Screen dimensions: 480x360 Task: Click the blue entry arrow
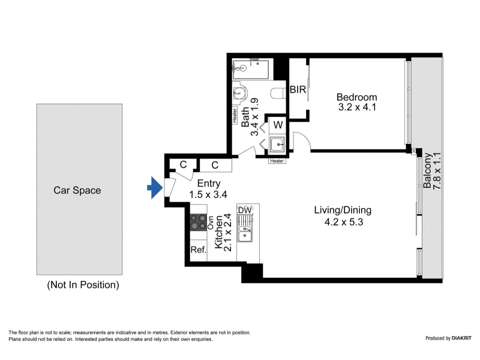tap(155, 188)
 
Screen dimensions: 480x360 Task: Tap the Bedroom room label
tap(356, 97)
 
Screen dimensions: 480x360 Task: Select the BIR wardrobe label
tap(298, 89)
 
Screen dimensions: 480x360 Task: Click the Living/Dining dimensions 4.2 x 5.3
tap(343, 221)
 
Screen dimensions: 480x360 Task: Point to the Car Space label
tap(77, 190)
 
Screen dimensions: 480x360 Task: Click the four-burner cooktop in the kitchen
tap(199, 222)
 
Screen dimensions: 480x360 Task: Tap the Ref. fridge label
tap(199, 250)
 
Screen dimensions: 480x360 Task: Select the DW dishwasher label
tap(245, 211)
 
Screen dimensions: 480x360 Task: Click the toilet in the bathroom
tap(278, 94)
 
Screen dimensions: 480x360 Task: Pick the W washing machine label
tap(278, 125)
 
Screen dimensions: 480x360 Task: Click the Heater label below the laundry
tap(277, 161)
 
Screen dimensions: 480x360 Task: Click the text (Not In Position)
tap(83, 284)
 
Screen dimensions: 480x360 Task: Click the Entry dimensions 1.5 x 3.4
tap(208, 194)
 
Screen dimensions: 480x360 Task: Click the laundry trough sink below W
tap(277, 143)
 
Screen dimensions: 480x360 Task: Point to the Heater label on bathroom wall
tap(235, 116)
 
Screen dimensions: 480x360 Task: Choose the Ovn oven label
tap(211, 223)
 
